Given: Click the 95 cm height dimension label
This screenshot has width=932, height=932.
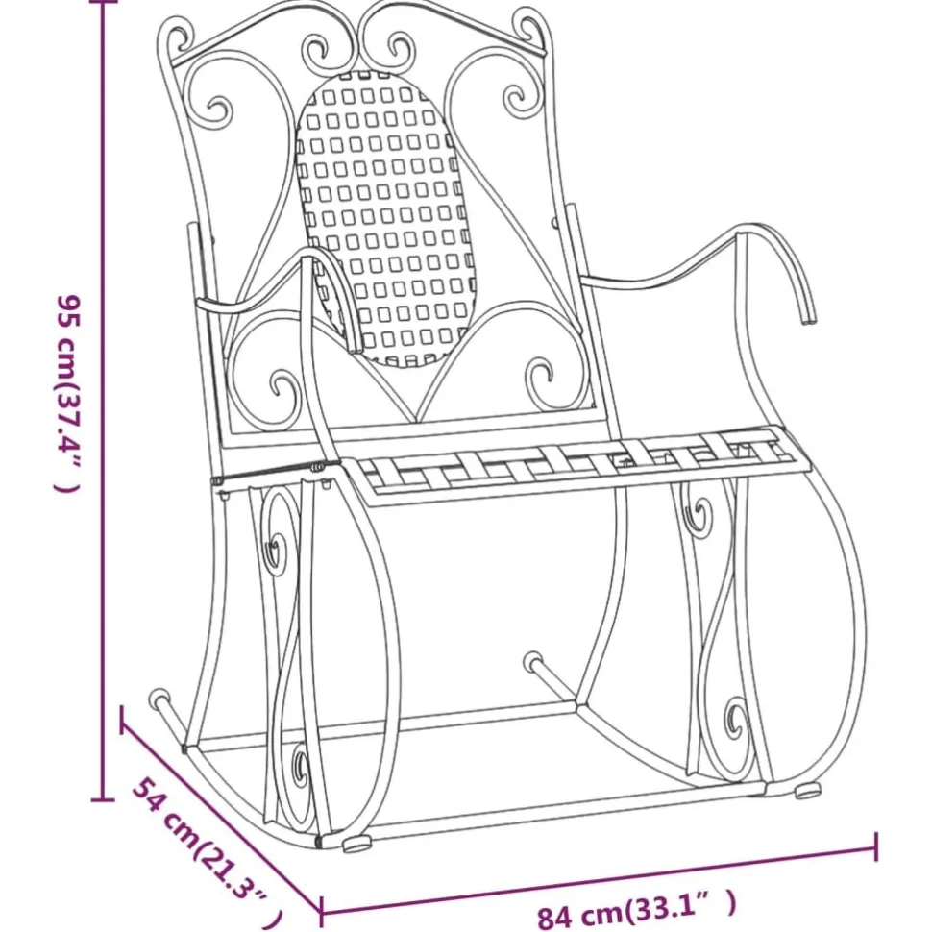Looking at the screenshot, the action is point(67,393).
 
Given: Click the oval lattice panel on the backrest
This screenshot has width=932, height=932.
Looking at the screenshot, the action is point(387,217).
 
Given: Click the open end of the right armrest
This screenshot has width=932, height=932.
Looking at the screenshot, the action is point(807,319).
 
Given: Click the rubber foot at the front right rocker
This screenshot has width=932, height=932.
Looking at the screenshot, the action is point(808,791).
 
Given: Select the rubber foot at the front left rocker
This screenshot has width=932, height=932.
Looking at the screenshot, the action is point(357,844).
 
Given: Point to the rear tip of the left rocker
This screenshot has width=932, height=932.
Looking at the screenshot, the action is point(159,698).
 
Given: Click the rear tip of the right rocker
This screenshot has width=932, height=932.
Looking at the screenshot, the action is point(533,660).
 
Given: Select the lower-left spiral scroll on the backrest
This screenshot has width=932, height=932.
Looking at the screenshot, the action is point(284,390).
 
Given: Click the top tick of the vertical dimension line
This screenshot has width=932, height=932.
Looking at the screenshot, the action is point(105,2).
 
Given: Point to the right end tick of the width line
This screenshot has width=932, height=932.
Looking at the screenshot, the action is point(876,846).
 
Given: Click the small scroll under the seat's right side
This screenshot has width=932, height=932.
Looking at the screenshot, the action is point(700,515).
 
